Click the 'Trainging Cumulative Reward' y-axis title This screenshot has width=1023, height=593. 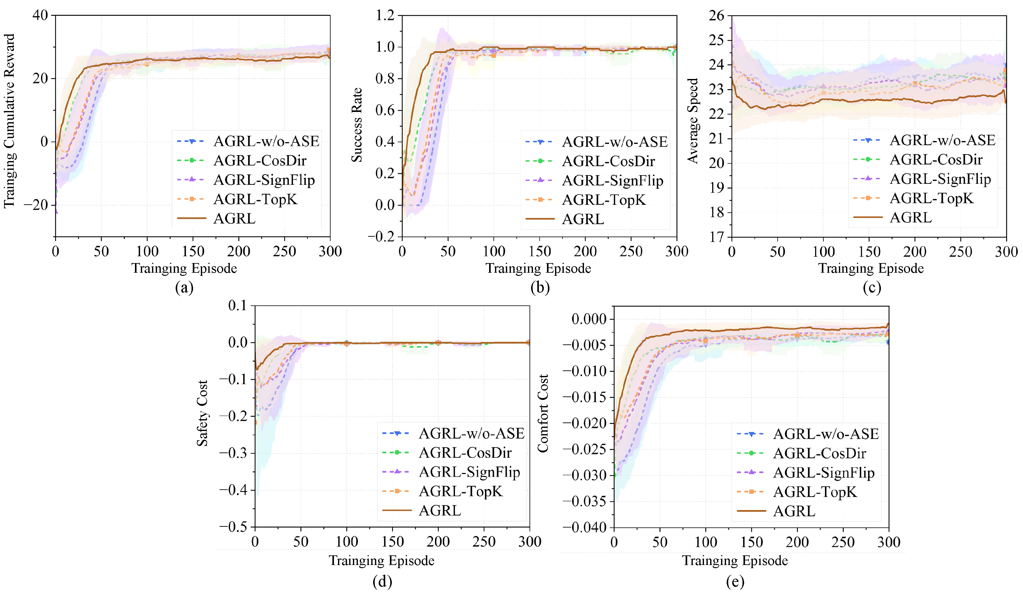click(x=9, y=121)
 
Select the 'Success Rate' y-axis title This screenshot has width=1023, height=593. click(x=356, y=125)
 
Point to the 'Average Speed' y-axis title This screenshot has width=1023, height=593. click(x=692, y=121)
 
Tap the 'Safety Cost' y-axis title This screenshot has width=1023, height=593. click(x=202, y=413)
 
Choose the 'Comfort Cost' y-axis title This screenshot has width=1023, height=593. click(x=543, y=413)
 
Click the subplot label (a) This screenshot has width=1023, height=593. click(x=184, y=287)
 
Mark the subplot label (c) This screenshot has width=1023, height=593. click(x=872, y=287)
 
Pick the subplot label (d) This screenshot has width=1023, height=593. click(x=382, y=581)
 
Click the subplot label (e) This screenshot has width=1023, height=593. click(x=735, y=581)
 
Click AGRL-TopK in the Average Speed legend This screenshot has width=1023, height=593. click(x=932, y=198)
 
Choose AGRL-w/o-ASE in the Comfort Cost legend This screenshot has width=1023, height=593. click(x=826, y=434)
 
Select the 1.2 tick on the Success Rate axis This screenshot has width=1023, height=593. click(x=385, y=16)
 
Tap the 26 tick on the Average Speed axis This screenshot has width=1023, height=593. click(x=716, y=16)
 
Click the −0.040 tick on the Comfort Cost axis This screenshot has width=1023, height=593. click(x=585, y=527)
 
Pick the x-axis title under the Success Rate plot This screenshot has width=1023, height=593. click(x=538, y=268)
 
